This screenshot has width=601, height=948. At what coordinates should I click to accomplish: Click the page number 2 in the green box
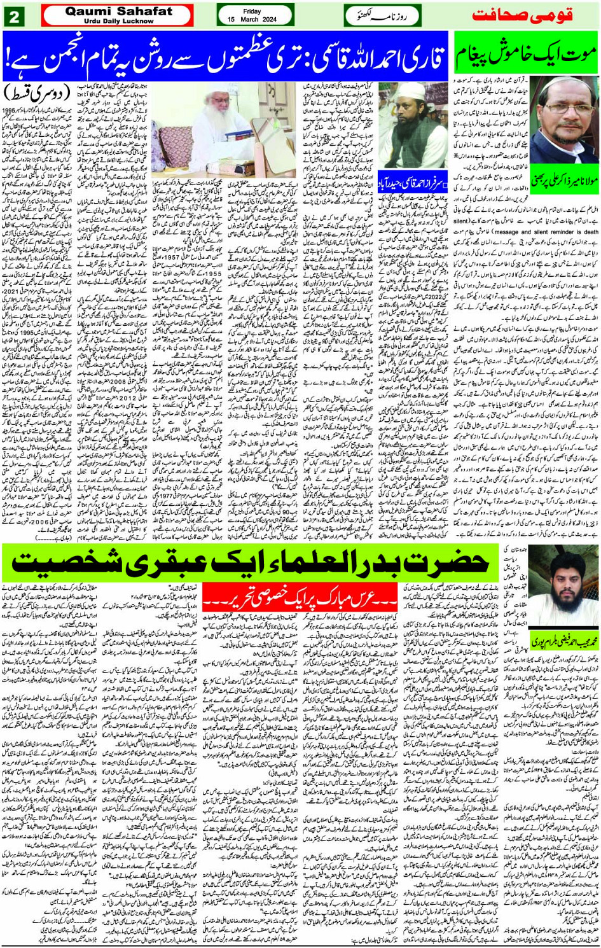coord(13,16)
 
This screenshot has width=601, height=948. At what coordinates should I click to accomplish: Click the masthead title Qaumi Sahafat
coord(118,11)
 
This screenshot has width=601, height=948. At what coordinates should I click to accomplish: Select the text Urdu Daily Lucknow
coord(118,21)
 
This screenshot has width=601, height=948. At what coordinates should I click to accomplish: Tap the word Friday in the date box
coord(252,11)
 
